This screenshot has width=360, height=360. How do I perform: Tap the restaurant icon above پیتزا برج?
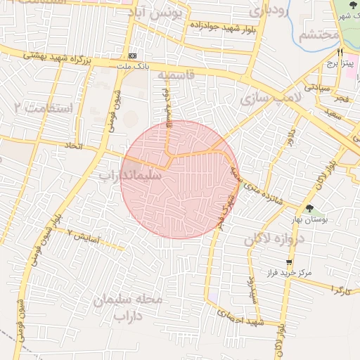[340, 52]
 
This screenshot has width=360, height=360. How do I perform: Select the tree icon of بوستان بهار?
[309, 208]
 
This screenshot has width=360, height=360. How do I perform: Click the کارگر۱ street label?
[340, 290]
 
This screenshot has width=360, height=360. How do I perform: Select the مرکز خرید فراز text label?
[288, 272]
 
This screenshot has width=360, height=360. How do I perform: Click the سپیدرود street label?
[252, 287]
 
